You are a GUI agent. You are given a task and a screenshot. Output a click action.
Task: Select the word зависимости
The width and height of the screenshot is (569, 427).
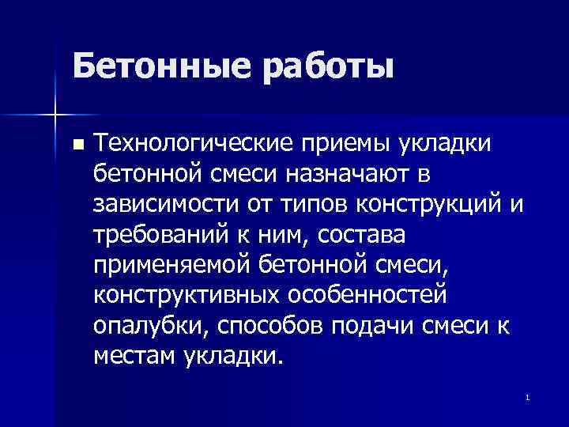164,202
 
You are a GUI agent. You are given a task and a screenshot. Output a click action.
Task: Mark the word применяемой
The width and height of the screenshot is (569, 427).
168,263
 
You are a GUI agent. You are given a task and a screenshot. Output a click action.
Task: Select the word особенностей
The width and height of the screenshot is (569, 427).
374,294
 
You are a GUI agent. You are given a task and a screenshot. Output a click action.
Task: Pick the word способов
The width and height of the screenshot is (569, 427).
269,324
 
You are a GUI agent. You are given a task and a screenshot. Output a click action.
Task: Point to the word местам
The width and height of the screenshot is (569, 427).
134,355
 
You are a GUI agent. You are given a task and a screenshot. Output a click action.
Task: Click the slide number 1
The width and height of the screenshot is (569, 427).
526,395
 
